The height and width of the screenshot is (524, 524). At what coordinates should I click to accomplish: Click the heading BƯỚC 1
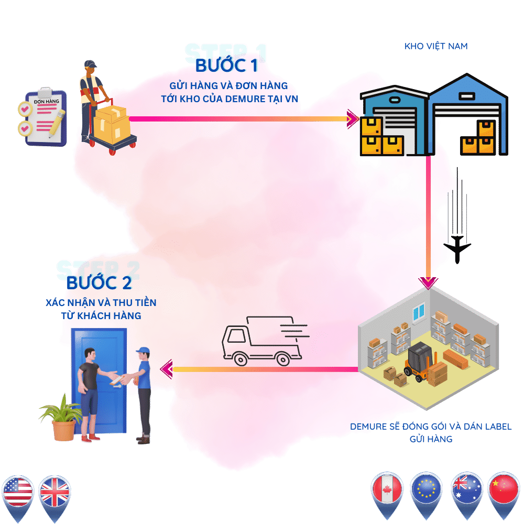226,66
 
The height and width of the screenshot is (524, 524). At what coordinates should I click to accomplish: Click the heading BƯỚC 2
99,283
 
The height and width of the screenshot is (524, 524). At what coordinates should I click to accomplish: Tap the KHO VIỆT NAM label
436,46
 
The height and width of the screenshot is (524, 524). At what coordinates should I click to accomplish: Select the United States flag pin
18,493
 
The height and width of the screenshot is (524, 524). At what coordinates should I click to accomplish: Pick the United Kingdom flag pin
54,493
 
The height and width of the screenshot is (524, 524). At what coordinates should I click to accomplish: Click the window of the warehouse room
418,313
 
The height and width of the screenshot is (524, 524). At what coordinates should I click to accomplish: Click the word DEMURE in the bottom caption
369,427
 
